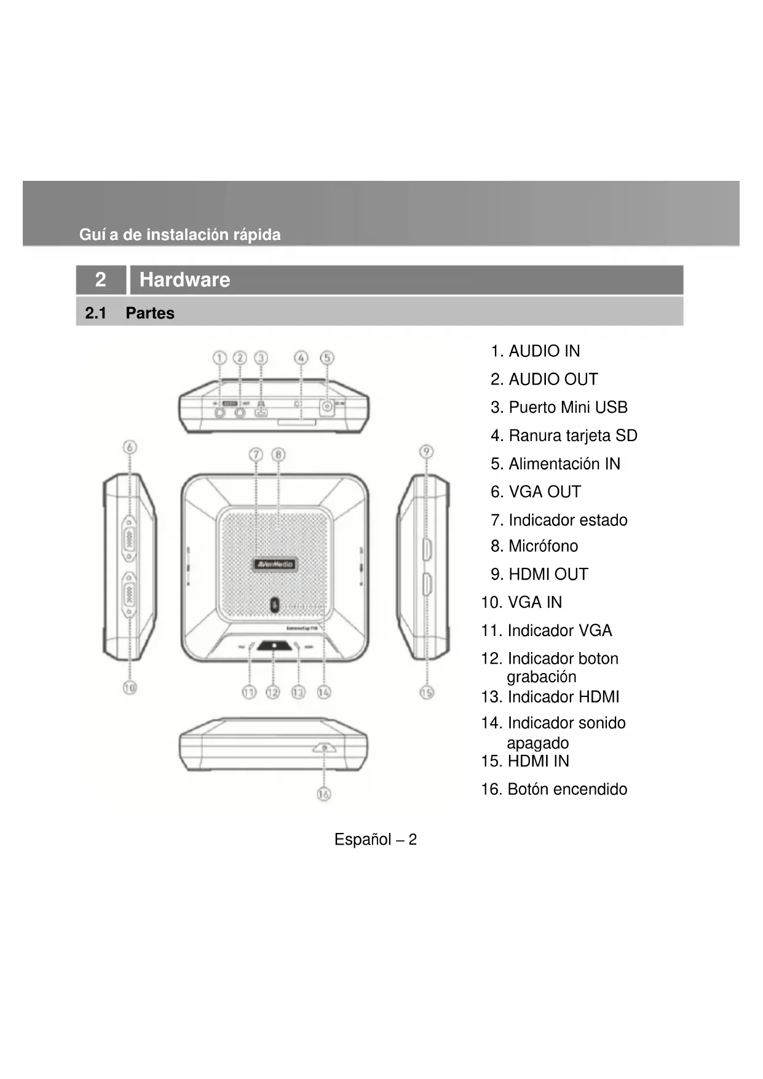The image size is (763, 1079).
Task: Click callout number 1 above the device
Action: point(219,358)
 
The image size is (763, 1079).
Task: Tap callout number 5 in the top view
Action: point(327,358)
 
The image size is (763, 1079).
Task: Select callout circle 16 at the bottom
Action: point(323,794)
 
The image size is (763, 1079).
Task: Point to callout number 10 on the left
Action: point(129,687)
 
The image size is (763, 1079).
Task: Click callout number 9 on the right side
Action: point(426,452)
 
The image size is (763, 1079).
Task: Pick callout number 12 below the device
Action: point(272,693)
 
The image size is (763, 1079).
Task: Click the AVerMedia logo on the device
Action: point(275,564)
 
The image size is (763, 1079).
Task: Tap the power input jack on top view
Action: point(327,407)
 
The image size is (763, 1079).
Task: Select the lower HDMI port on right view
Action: point(426,584)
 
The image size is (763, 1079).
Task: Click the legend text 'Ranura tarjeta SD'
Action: point(572,436)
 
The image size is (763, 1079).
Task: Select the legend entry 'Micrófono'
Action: point(543,546)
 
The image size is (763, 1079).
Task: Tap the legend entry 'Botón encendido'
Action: point(567,789)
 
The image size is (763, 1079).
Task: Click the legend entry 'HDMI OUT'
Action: point(548,574)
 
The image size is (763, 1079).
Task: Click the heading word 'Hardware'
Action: point(184,280)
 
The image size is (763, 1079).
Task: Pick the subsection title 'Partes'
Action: point(150,313)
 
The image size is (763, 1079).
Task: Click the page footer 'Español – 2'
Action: point(375,840)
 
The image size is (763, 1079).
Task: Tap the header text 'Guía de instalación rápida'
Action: point(180,234)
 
